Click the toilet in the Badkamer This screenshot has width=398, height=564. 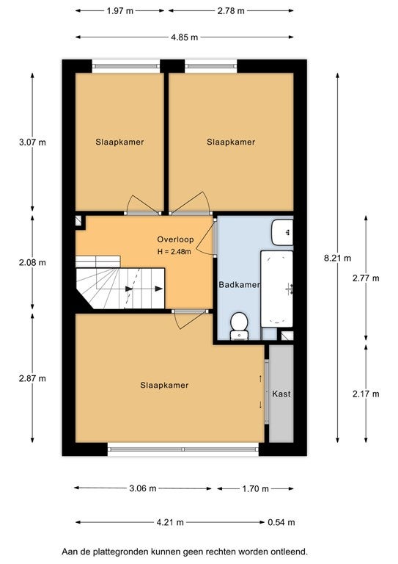click(x=239, y=325)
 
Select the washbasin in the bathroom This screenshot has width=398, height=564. click(x=282, y=232)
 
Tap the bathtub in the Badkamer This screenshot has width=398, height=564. click(x=277, y=289)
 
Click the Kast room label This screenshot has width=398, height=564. click(x=281, y=394)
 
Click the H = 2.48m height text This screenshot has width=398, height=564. click(x=174, y=252)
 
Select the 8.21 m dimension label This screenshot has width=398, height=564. click(x=338, y=258)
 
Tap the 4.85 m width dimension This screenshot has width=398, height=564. click(x=185, y=37)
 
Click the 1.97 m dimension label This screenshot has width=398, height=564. click(x=120, y=11)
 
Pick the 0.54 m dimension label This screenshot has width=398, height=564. click(x=281, y=522)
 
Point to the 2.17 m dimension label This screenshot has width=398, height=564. click(x=366, y=394)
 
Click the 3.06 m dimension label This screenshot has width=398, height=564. click(x=143, y=488)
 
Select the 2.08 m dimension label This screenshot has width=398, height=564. click(x=32, y=263)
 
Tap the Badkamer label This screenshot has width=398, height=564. click(x=240, y=285)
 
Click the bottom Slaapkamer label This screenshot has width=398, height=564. click(x=164, y=386)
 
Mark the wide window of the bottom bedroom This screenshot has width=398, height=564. click(x=183, y=449)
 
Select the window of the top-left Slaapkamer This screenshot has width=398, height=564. click(x=126, y=66)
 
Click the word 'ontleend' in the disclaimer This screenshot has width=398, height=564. click(x=290, y=552)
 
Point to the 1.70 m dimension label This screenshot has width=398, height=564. click(x=255, y=488)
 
